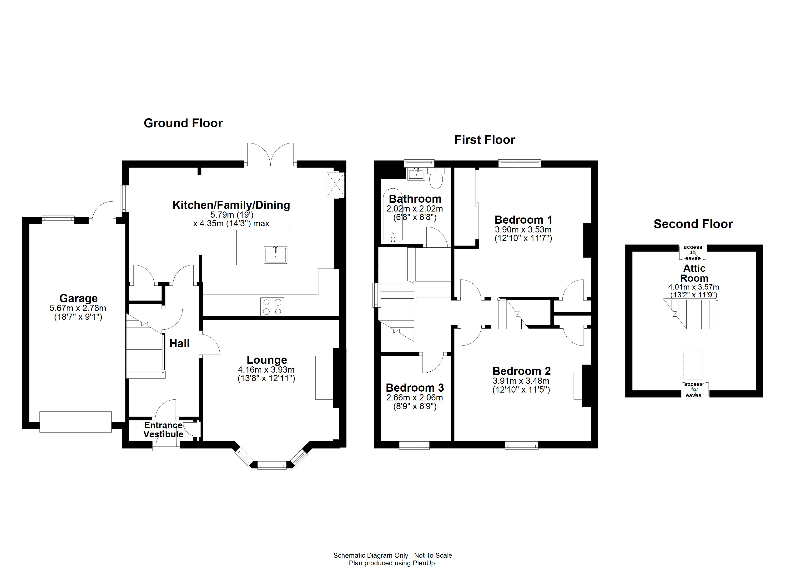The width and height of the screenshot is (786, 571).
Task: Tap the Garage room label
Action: tap(78, 298)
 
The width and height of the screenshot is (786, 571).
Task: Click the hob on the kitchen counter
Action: tap(272, 307)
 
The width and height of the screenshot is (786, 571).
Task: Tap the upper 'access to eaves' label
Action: tap(693, 252)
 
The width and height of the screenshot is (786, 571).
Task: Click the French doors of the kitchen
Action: tap(270, 155)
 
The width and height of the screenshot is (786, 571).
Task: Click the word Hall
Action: tap(180, 344)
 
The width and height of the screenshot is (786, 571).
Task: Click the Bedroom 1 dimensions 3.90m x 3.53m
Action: tap(523, 230)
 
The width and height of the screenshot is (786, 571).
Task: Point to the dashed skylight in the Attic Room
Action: tap(693, 366)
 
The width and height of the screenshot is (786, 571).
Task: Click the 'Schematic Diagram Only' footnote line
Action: tap(393, 556)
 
